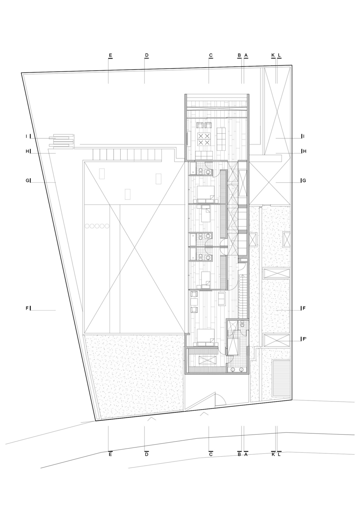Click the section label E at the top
pyautogui.click(x=110, y=55)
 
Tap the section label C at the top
pyautogui.click(x=211, y=55)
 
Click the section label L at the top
pyautogui.click(x=279, y=55)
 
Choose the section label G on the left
pyautogui.click(x=27, y=181)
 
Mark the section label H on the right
pyautogui.click(x=305, y=151)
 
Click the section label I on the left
pyautogui.click(x=26, y=136)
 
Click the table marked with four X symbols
pyautogui.click(x=204, y=139)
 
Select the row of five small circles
pyautogui.click(x=97, y=226)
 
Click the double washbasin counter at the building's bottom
pyautogui.click(x=237, y=369)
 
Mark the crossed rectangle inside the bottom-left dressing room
pyautogui.click(x=207, y=360)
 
